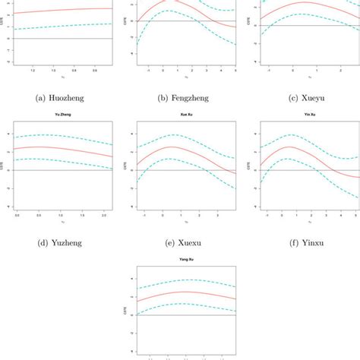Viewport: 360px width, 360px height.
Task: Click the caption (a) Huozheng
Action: click(59, 96)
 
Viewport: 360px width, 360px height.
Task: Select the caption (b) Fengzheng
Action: click(179, 96)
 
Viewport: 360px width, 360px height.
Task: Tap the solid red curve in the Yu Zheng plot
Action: click(61, 147)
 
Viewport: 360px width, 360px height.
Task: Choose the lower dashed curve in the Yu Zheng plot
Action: click(61, 159)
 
